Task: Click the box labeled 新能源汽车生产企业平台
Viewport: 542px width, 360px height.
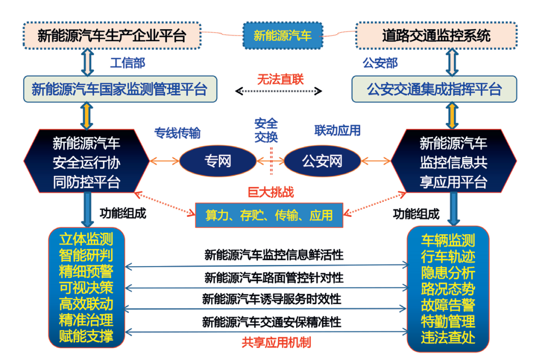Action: pyautogui.click(x=112, y=36)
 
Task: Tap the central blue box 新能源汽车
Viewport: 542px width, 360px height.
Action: pyautogui.click(x=282, y=36)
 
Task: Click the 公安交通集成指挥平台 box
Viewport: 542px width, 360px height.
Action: pyautogui.click(x=434, y=89)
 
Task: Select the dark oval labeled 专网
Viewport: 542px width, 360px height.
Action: pyautogui.click(x=217, y=161)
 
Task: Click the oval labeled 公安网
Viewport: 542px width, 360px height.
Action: pyautogui.click(x=322, y=161)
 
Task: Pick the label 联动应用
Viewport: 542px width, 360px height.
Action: pyautogui.click(x=337, y=131)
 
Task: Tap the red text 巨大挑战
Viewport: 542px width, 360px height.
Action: pyautogui.click(x=271, y=192)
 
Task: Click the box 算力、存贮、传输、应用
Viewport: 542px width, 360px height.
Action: pyautogui.click(x=269, y=215)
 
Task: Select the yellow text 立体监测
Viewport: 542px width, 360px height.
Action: pyautogui.click(x=86, y=238)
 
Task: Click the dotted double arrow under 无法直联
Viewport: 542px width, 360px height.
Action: pyautogui.click(x=279, y=91)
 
